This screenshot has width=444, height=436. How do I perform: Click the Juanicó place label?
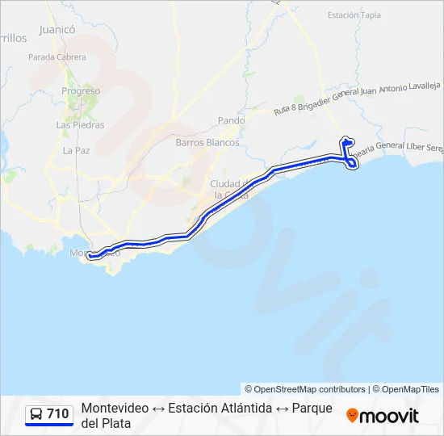pyautogui.click(x=57, y=30)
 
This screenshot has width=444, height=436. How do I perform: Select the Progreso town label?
pyautogui.click(x=81, y=91)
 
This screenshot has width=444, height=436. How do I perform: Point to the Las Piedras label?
pyautogui.click(x=80, y=125)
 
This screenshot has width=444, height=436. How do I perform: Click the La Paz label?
pyautogui.click(x=77, y=150)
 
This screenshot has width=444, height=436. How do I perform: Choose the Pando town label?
pyautogui.click(x=231, y=120)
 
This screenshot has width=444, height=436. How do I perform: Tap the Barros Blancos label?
pyautogui.click(x=207, y=142)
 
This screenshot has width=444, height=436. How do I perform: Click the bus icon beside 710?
pyautogui.click(x=36, y=414)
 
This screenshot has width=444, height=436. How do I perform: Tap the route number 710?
pyautogui.click(x=57, y=414)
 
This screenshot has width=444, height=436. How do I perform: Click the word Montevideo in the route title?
pyautogui.click(x=115, y=409)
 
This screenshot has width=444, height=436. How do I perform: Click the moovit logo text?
pyautogui.click(x=389, y=416)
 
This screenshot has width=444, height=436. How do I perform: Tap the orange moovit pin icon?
pyautogui.click(x=352, y=416)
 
